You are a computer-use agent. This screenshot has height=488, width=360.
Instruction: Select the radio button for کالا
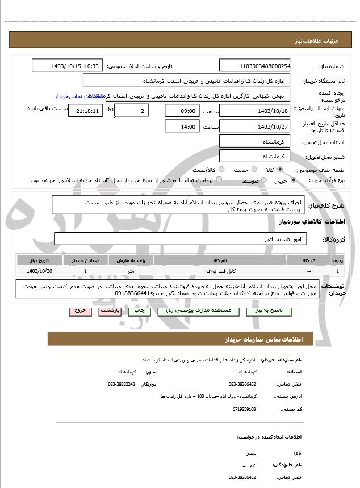pyautogui.click(x=280, y=169)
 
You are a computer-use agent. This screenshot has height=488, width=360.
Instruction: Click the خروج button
pyautogui.click(x=79, y=311)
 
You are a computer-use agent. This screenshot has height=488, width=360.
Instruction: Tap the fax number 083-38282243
pyautogui.click(x=121, y=384)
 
